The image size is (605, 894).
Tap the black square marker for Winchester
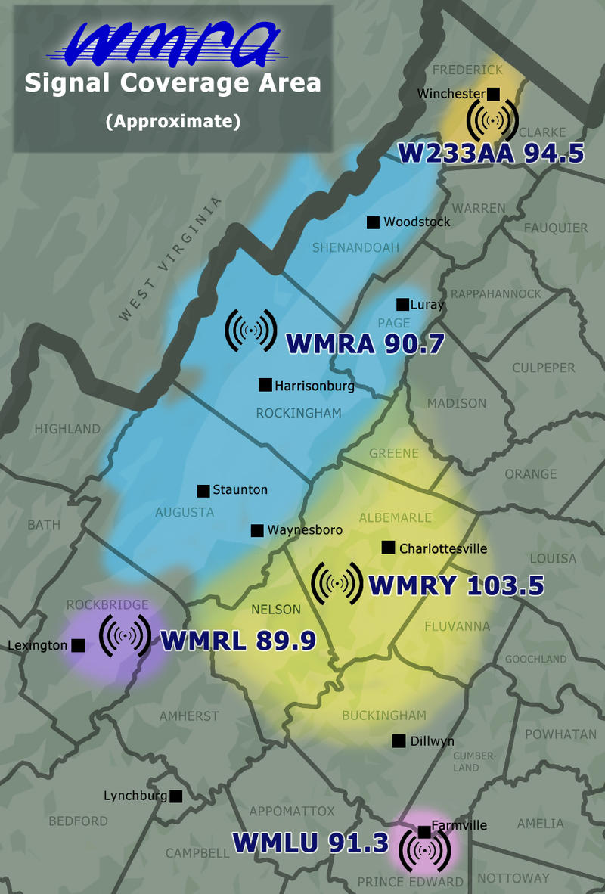493,94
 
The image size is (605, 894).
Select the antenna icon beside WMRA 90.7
251,330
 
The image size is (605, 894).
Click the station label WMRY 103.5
455,585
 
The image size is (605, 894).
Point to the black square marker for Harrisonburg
265,385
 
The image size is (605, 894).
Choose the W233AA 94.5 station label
492,153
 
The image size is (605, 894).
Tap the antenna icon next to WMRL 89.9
125,637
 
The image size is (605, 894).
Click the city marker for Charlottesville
389,548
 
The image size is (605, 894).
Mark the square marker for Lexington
77,645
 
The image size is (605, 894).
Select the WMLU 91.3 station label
310,842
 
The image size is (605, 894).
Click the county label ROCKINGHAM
299,413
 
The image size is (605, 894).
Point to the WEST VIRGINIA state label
171,259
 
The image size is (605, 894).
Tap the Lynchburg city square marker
176,796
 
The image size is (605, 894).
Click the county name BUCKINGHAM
384,716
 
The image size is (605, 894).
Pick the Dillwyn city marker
399,741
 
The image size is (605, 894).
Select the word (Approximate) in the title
173,121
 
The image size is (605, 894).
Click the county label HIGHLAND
67,429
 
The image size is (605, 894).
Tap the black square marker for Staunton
203,490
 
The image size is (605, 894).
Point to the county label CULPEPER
544,368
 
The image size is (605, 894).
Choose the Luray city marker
402,304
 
